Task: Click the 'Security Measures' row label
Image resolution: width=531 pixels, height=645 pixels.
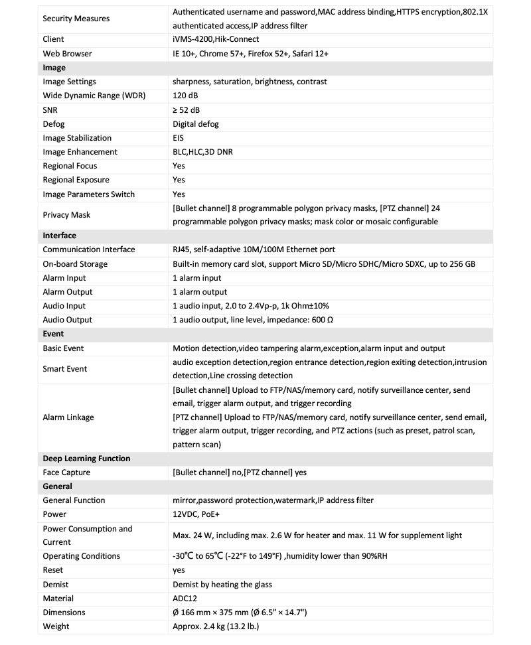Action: point(76,19)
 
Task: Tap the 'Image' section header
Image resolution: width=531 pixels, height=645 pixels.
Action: point(54,68)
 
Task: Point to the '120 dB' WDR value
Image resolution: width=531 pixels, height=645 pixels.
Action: point(185,96)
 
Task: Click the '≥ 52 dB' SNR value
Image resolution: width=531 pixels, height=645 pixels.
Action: point(187,109)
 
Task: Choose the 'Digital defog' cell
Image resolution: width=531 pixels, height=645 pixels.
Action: point(196,124)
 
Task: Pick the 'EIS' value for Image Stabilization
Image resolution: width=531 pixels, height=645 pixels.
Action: point(179,138)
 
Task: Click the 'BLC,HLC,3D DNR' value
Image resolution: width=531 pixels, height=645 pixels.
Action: point(202,152)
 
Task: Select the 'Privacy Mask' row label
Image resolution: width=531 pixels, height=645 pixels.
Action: point(66,215)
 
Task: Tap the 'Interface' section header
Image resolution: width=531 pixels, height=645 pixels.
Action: point(60,236)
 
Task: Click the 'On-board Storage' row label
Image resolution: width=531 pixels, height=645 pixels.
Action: point(75,264)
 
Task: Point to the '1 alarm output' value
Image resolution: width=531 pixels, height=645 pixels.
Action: point(200,292)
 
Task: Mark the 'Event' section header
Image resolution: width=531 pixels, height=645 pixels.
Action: point(54,334)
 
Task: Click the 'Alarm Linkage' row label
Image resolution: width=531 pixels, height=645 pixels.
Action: point(68,417)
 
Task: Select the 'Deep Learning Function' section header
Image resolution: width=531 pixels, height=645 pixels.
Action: point(86,459)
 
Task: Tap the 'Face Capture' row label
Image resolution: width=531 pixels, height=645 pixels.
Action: point(66,472)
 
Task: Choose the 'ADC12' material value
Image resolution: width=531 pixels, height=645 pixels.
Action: point(185,598)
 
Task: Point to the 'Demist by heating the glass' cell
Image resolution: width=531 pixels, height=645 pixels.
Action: point(222,584)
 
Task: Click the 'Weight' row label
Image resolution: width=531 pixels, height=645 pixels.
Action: point(56,626)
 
